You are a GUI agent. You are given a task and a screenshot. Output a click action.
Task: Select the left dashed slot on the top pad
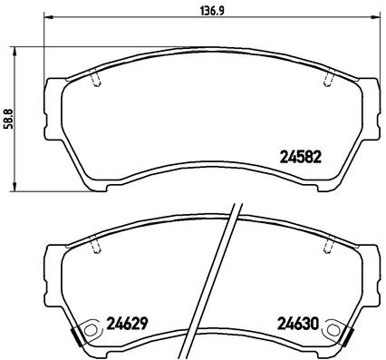tap(97, 81)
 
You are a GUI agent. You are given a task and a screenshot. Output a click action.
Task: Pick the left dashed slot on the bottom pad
tap(97, 244)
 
